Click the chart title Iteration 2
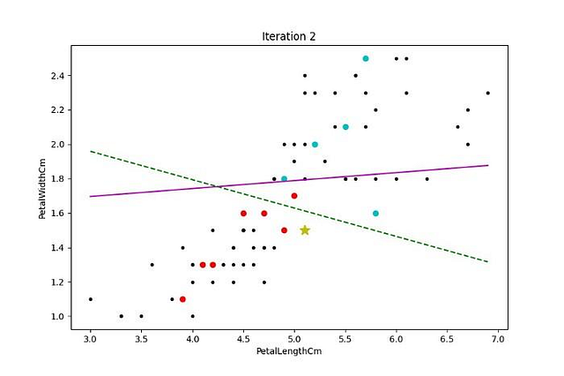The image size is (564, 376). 288,36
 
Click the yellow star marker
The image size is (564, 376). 305,230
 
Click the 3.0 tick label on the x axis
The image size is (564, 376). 90,338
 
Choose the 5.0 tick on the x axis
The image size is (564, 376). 294,338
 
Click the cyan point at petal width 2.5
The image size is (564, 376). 366,58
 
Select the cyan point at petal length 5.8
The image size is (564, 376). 375,213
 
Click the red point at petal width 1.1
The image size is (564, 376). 182,299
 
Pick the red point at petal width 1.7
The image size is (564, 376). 294,196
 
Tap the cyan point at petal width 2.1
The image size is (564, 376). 345,127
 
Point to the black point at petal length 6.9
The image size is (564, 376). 487,93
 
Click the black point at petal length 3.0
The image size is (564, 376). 90,299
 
